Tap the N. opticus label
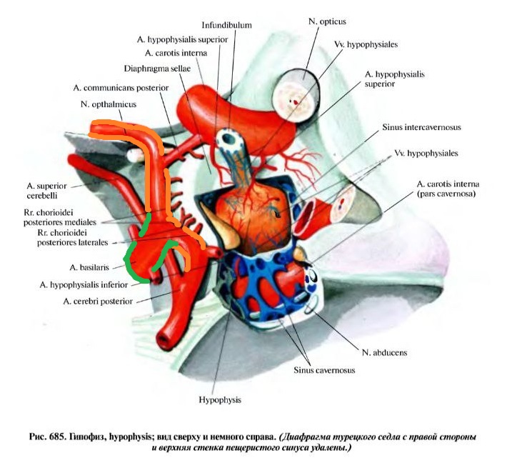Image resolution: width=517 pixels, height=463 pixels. pos(323,23)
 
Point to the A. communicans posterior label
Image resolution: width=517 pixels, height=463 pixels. pos(121,87)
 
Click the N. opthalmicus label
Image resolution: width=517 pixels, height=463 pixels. pos(109,104)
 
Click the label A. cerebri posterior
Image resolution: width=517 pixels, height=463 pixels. pos(98,302)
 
